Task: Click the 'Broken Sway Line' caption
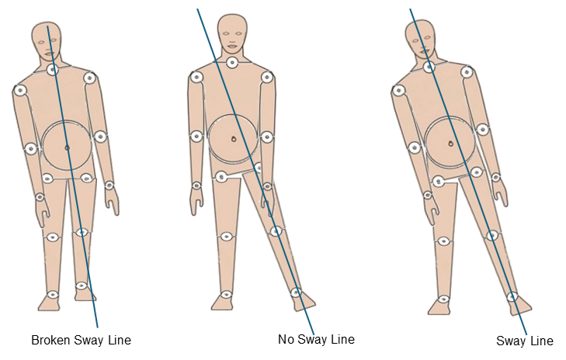(81, 340)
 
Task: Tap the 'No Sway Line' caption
(316, 339)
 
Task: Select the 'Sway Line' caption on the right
(525, 341)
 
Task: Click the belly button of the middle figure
(233, 138)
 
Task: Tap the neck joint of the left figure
(52, 70)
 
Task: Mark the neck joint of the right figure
(429, 67)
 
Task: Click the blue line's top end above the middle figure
(198, 10)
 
